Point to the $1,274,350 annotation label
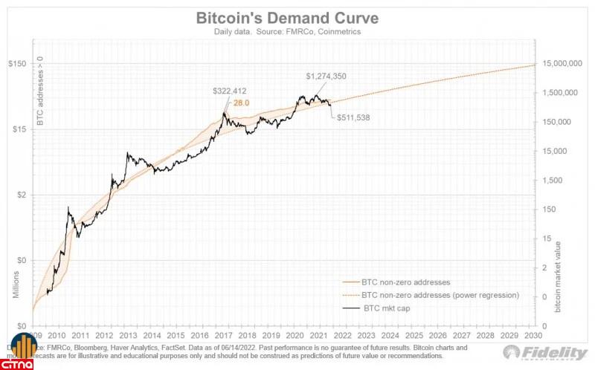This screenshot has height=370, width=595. coord(327,76)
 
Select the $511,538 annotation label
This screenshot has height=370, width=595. coord(353,117)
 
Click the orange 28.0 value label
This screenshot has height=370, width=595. coord(241,103)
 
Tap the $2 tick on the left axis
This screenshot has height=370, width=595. coord(20,195)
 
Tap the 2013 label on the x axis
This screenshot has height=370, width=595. coord(128,335)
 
